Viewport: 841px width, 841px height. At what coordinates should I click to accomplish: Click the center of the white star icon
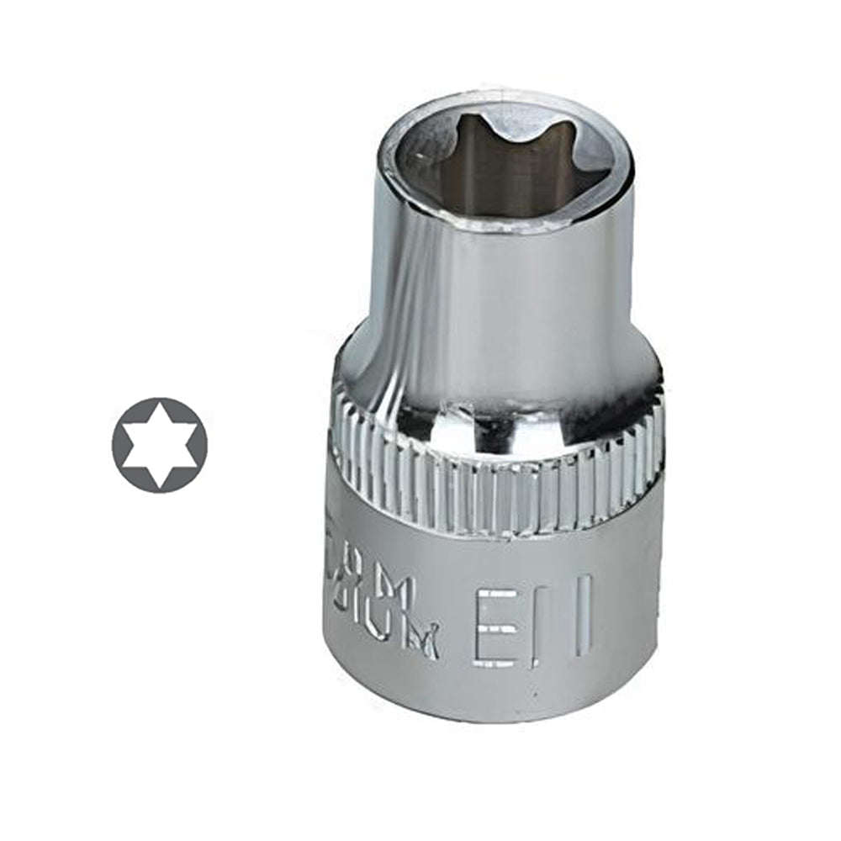[160, 444]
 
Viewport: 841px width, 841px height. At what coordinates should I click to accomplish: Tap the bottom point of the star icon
[160, 483]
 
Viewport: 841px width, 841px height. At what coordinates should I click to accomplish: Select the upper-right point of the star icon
[193, 426]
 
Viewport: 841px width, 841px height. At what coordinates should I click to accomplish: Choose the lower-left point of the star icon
[127, 463]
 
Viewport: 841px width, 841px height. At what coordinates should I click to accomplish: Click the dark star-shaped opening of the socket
[488, 168]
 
